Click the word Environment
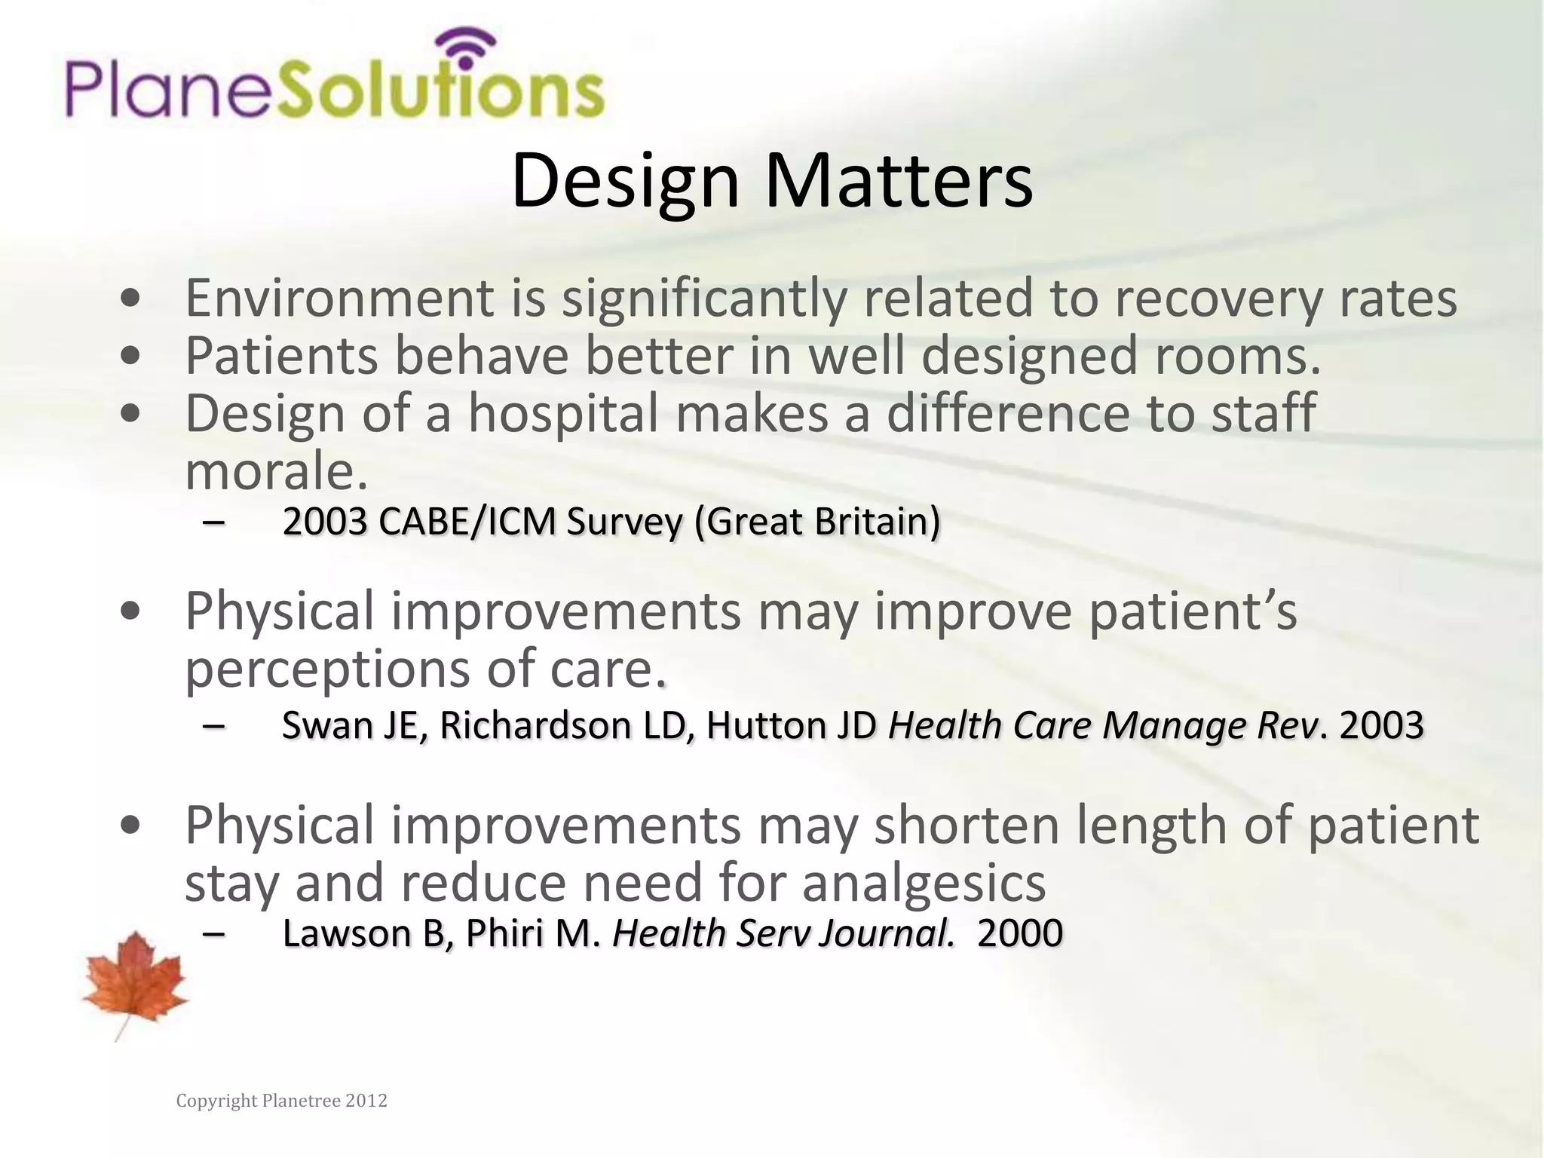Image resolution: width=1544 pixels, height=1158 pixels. click(x=339, y=299)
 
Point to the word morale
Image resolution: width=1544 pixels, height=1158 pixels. click(x=276, y=471)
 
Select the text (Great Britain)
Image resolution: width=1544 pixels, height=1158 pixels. click(x=816, y=522)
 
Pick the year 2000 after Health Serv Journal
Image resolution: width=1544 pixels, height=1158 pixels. click(x=1019, y=933)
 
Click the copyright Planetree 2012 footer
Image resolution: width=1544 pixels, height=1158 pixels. click(x=281, y=1101)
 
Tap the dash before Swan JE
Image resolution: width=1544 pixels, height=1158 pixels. click(x=214, y=725)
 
